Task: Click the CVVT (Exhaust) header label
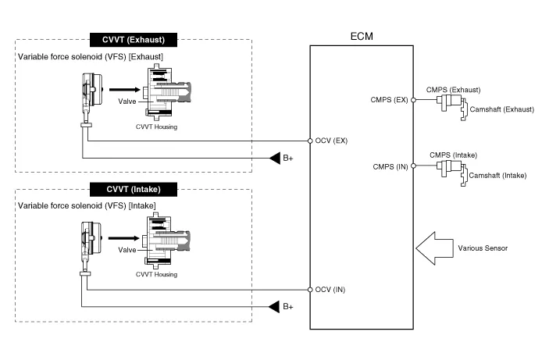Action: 134,39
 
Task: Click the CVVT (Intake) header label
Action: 134,189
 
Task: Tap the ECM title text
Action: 365,37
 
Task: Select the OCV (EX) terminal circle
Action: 310,141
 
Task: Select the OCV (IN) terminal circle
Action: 310,289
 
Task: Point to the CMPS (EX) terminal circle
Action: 413,100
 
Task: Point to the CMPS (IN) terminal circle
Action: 413,166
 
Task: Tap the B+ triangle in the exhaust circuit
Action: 275,159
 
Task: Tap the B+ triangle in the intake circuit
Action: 275,307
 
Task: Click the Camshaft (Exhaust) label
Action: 501,109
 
